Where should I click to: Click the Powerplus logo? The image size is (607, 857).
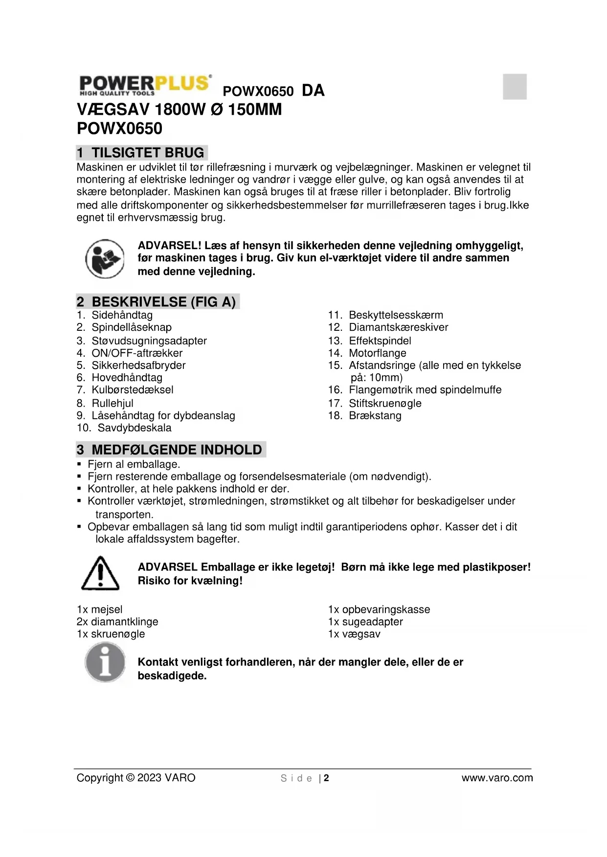tap(145, 86)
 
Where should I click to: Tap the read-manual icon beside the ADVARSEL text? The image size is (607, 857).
tap(105, 258)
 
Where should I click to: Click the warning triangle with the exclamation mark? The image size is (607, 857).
tap(100, 573)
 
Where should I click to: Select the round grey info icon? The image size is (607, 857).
tap(105, 663)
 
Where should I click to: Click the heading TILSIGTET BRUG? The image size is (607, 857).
tap(142, 153)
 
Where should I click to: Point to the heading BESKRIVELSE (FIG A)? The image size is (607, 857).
tap(157, 302)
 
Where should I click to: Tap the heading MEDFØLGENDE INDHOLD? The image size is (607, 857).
tap(171, 450)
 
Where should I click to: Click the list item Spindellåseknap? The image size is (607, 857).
tap(131, 327)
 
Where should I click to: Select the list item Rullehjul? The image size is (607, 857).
tap(112, 403)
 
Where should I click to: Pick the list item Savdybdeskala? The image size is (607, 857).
tap(134, 428)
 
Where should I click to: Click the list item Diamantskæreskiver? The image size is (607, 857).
tap(398, 327)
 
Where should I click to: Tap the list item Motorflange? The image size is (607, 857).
tap(377, 353)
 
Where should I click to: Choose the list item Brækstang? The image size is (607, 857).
tap(375, 415)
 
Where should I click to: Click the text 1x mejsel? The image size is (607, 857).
tap(100, 609)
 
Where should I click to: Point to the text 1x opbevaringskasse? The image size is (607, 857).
tap(379, 609)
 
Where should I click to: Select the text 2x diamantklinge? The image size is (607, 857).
tap(117, 621)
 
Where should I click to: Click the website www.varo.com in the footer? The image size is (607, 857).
tap(497, 778)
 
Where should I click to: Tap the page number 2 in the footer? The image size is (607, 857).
tap(326, 778)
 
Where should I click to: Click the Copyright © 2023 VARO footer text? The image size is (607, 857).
tap(136, 778)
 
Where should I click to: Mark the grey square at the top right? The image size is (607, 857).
tap(515, 86)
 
